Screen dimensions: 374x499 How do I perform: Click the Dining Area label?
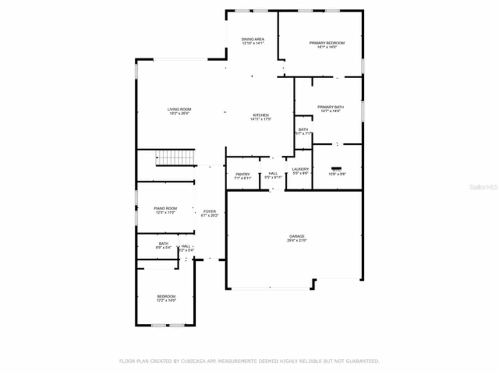253,39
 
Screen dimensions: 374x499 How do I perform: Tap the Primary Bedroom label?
327,43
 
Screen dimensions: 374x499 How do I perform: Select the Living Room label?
179,109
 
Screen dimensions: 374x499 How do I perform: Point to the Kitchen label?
261,115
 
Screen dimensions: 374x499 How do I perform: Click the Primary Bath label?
331,107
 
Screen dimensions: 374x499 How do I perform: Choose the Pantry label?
242,174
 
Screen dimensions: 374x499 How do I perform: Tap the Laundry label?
300,169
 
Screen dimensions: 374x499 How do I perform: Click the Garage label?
297,236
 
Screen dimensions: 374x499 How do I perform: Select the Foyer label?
209,212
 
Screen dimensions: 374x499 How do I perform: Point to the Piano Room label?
165,209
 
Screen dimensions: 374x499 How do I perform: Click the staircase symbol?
175,158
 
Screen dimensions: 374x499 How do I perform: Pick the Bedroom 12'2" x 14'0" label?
166,296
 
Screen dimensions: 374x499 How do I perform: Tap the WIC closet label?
337,170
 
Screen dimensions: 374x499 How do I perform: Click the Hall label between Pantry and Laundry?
273,173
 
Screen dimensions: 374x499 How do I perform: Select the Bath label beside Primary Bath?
303,129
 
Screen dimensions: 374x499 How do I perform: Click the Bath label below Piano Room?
163,243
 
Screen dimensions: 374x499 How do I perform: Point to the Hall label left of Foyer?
186,246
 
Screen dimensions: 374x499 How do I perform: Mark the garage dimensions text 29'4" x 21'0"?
297,240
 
